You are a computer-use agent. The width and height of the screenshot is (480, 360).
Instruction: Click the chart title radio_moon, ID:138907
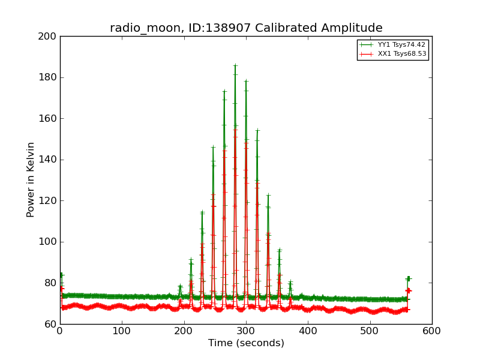[246, 28]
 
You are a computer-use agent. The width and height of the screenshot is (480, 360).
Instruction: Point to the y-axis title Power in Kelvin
[31, 179]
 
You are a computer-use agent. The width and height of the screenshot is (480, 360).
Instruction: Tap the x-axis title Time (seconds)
[246, 343]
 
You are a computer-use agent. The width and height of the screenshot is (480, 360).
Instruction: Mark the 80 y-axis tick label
[50, 283]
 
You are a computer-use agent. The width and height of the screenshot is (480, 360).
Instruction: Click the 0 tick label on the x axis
[60, 331]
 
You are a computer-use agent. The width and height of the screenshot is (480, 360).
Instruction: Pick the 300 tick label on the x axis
[246, 331]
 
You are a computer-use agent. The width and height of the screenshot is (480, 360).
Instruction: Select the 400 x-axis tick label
[308, 331]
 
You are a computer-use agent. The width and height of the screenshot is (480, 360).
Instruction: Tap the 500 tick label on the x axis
[370, 331]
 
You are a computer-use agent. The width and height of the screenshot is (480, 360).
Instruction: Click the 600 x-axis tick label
[432, 331]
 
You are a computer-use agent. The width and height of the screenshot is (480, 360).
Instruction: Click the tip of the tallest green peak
[235, 65]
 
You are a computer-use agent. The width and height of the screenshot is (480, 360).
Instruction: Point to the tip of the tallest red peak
[235, 129]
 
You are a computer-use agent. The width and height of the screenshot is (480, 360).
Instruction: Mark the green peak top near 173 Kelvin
[224, 92]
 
